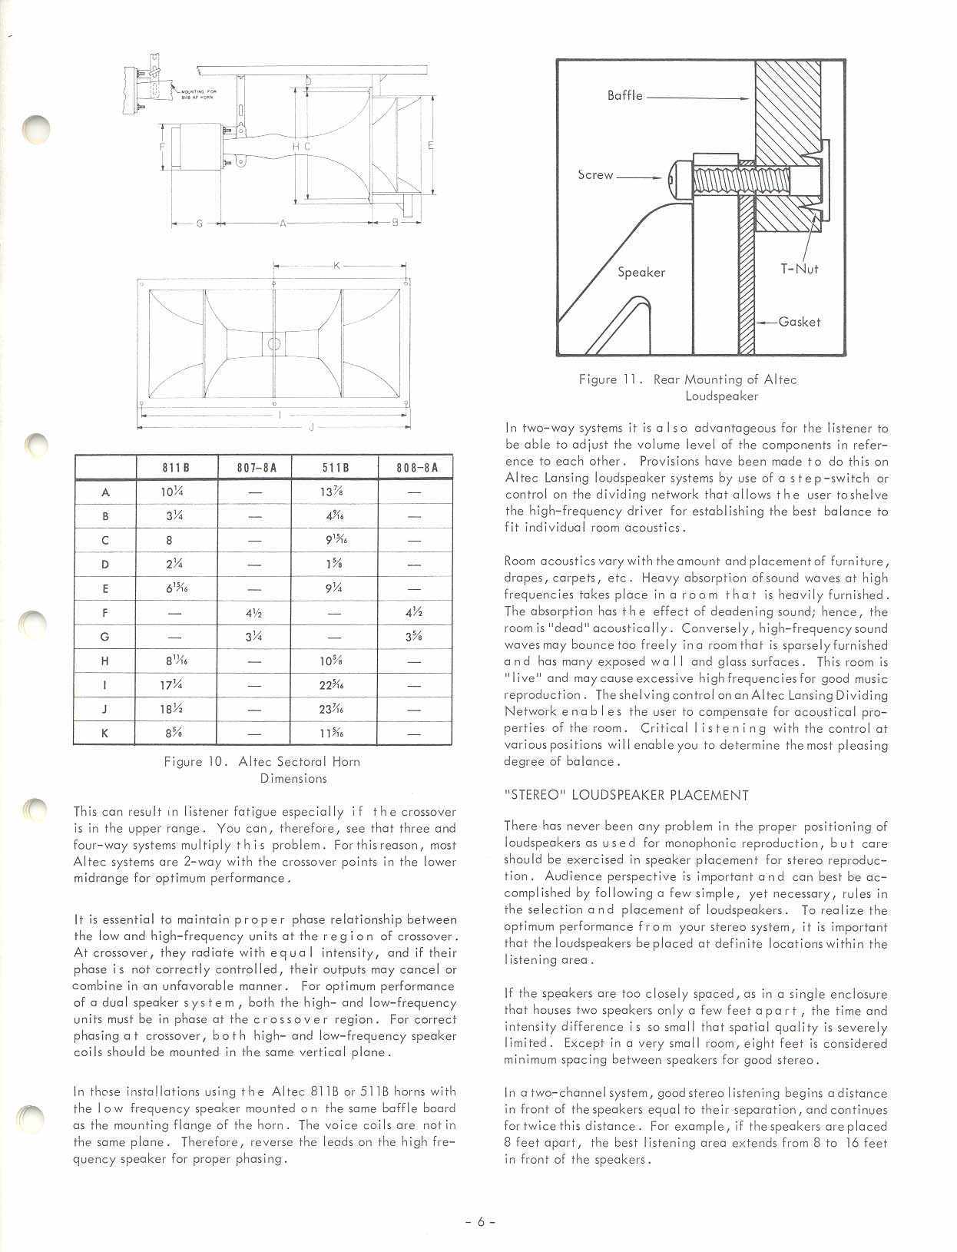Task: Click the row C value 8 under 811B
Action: (170, 541)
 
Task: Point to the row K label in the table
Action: (105, 733)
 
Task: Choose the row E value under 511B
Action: (334, 589)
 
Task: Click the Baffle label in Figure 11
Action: (624, 97)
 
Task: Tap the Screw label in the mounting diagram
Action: (595, 175)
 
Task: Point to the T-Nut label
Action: (800, 269)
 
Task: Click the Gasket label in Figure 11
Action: (800, 322)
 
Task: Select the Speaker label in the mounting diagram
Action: (641, 272)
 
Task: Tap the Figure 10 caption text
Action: (262, 770)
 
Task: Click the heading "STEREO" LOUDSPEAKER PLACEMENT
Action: (626, 795)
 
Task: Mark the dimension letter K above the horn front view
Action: (336, 266)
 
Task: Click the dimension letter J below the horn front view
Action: (311, 427)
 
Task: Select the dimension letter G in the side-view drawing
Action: (199, 224)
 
